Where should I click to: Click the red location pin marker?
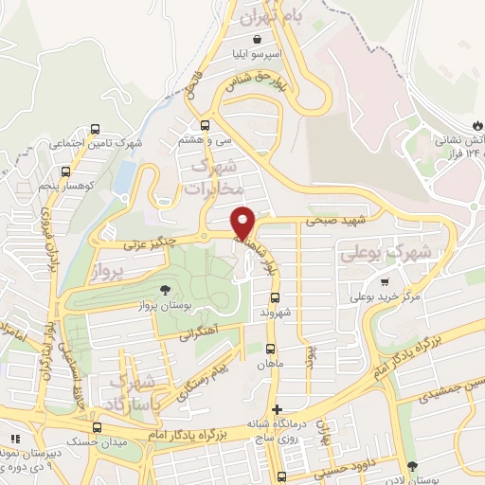point(244,223)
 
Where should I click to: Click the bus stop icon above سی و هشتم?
point(206,125)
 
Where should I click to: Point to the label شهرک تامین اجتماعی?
point(95,144)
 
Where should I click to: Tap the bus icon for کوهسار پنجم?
point(65,172)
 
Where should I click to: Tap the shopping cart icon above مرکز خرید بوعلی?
point(384,281)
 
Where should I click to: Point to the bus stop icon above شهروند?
point(276,297)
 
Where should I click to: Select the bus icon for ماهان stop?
point(272,348)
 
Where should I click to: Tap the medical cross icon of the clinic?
point(276,410)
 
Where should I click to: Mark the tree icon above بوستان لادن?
point(412,467)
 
